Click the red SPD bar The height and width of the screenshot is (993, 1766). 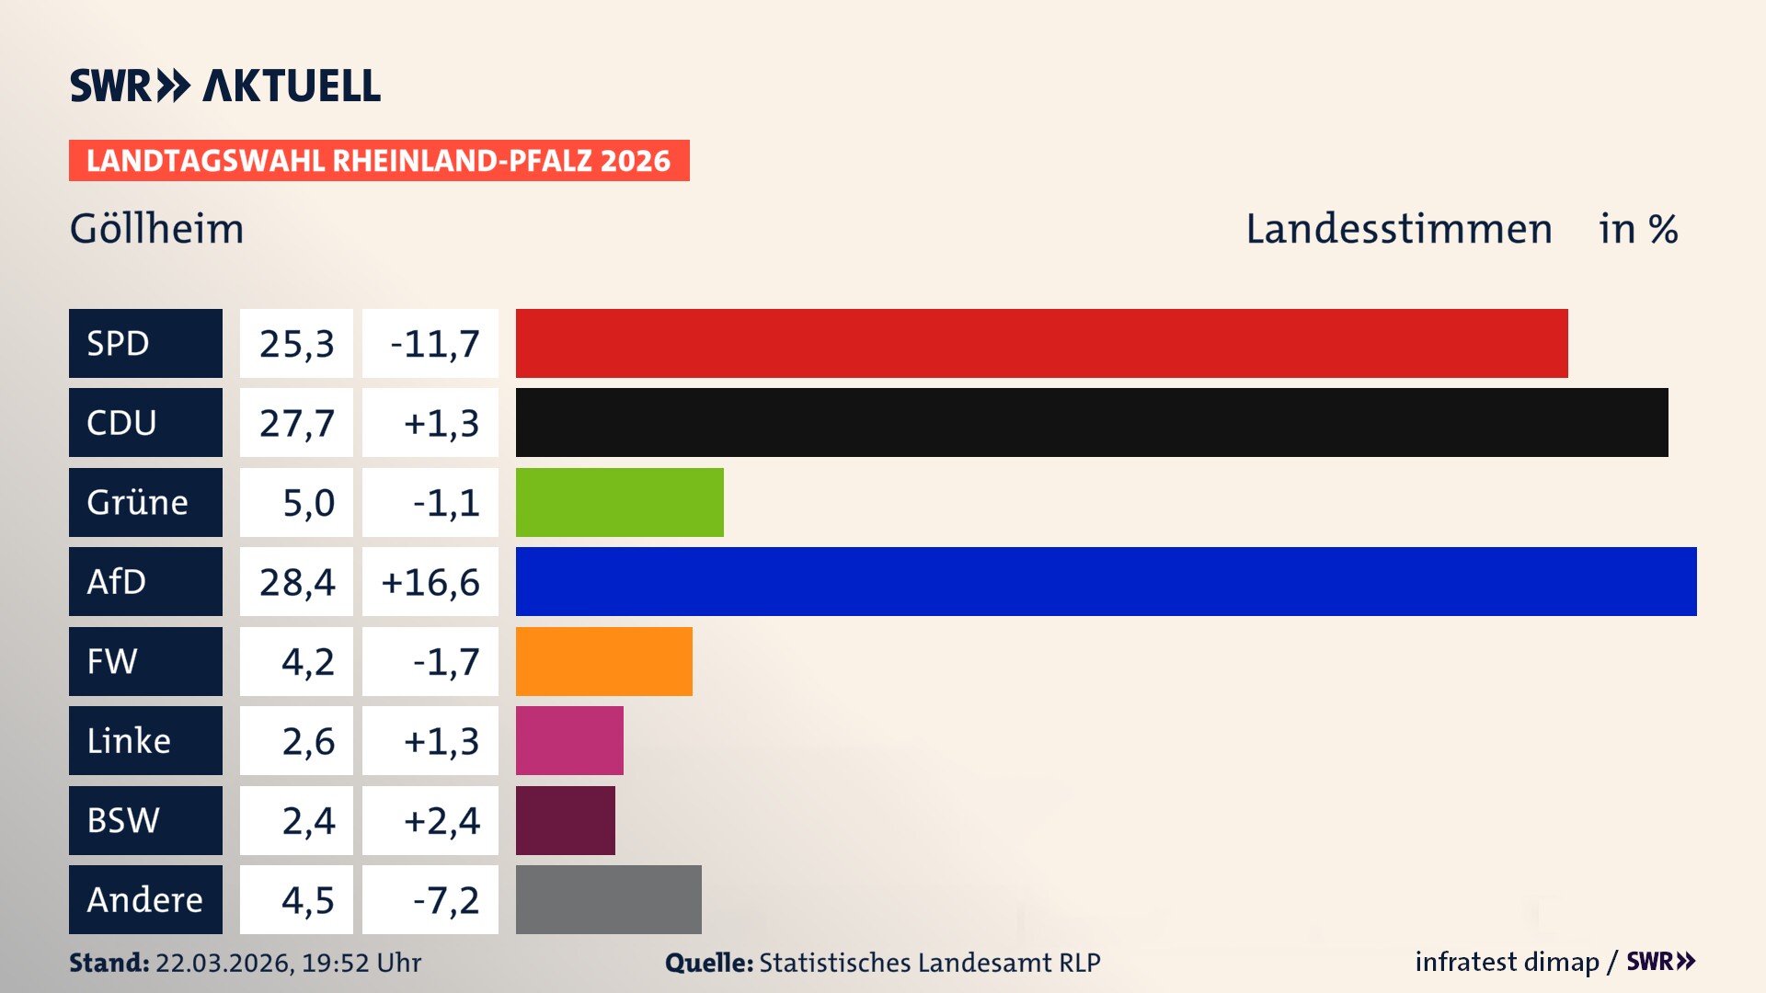click(1041, 343)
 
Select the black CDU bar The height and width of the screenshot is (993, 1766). click(1092, 422)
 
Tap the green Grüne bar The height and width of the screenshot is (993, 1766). click(619, 502)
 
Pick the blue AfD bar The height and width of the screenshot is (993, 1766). click(1106, 581)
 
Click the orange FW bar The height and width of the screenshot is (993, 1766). click(603, 661)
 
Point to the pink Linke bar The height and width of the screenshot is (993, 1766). click(569, 740)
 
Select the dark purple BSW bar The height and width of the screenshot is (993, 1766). click(565, 820)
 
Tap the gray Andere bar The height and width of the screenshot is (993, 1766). click(608, 899)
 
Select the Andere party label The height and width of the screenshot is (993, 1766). click(145, 899)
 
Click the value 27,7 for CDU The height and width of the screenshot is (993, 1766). click(296, 423)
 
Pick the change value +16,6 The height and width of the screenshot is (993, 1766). click(430, 582)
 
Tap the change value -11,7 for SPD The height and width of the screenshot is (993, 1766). click(434, 344)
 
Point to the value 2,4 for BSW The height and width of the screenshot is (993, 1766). click(307, 820)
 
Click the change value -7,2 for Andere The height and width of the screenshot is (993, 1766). click(445, 900)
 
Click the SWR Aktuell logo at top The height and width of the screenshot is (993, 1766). click(224, 86)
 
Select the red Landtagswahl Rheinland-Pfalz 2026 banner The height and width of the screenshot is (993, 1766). click(379, 160)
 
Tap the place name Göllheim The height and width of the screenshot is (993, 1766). click(157, 229)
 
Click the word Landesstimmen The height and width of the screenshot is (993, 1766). click(1398, 229)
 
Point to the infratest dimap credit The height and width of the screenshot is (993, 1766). click(1506, 962)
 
